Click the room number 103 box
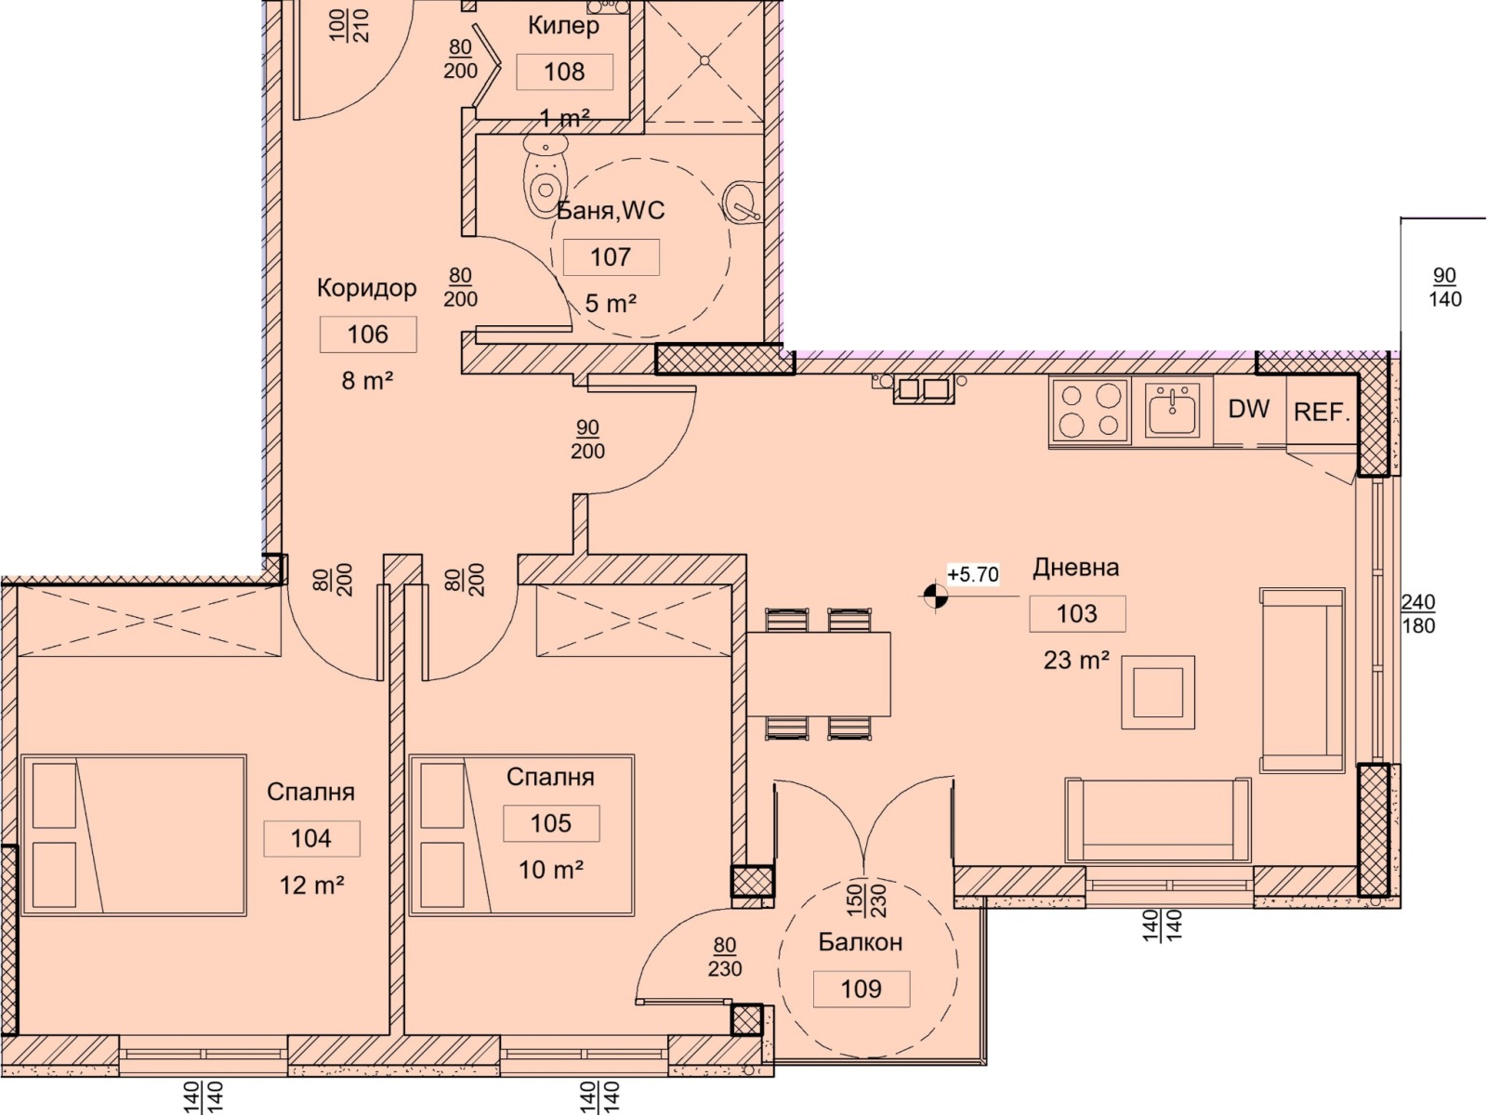[x=1077, y=613]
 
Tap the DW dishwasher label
[x=1248, y=409]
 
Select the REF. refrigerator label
[x=1322, y=412]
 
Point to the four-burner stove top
[x=1089, y=412]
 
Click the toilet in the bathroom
[x=546, y=175]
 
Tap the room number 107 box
[x=611, y=257]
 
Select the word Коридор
[x=366, y=288]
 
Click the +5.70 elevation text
[x=973, y=575]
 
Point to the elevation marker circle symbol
[x=935, y=597]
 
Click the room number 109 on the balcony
[x=861, y=989]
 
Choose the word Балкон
[x=861, y=941]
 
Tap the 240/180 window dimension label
[x=1418, y=613]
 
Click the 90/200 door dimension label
[x=587, y=439]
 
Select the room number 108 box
[x=564, y=72]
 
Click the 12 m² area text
[x=311, y=885]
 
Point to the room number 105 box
[x=551, y=823]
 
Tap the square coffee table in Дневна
[x=1158, y=692]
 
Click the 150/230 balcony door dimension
[x=866, y=900]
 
